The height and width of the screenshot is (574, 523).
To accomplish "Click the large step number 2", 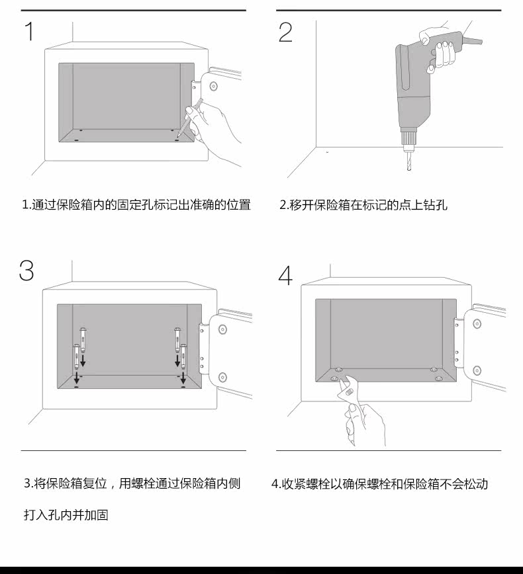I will (x=285, y=32).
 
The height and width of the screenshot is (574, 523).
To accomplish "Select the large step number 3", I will (x=26, y=270).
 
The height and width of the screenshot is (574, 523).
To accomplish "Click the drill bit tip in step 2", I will (x=408, y=169).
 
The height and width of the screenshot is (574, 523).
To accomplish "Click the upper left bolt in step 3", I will (x=83, y=337).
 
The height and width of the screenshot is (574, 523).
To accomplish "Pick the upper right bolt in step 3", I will (x=177, y=337).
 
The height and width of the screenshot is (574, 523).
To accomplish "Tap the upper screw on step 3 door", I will (x=222, y=329).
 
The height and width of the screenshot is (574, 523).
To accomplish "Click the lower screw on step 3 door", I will (x=222, y=377).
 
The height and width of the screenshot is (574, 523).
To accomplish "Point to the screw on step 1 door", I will (x=213, y=85).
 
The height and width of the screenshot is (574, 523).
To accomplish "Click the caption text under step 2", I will (x=363, y=205).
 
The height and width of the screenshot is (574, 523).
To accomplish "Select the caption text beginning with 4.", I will (x=379, y=484).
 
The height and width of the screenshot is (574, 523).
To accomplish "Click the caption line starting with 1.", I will (x=136, y=205).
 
